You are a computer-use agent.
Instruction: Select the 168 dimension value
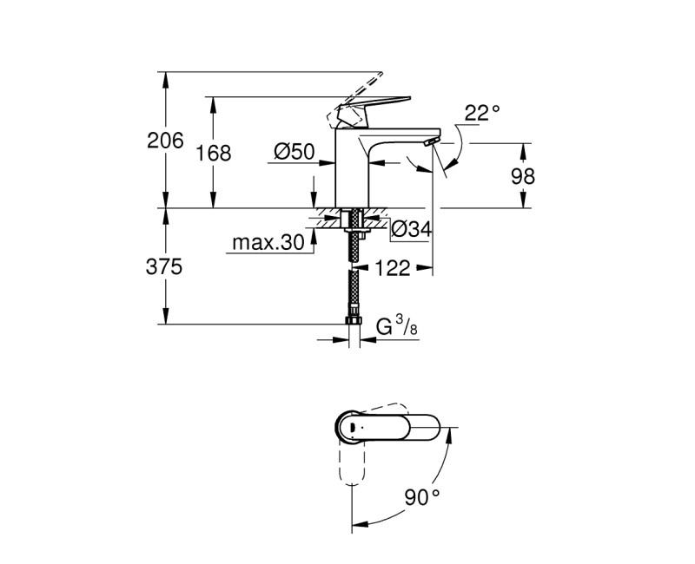[x=215, y=154]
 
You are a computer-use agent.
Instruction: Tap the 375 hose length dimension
[x=165, y=267]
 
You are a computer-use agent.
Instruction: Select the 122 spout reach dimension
[x=394, y=268]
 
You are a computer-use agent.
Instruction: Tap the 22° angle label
[x=482, y=112]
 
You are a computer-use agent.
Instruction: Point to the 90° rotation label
[x=423, y=497]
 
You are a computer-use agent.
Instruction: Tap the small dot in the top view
[x=351, y=428]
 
